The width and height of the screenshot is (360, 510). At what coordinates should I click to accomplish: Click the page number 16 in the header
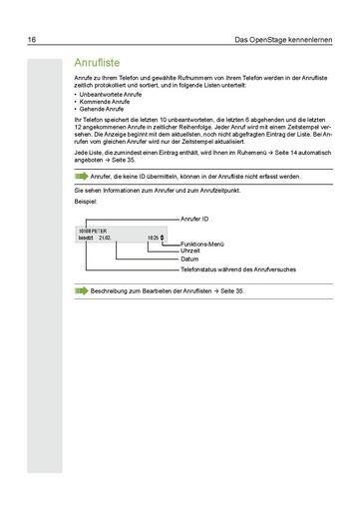[33, 40]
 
